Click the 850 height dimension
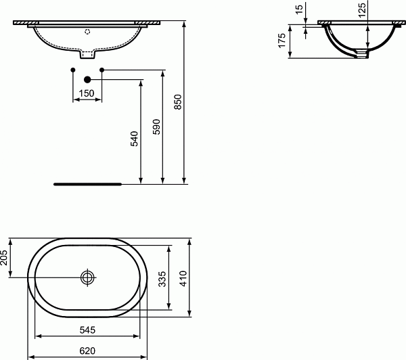click(178, 102)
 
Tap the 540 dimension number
click(134, 139)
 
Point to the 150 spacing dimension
click(87, 93)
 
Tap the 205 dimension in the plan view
click(6, 258)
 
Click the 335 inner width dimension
click(162, 279)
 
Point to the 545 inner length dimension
click(87, 330)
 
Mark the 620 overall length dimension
click(87, 351)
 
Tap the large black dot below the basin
click(87, 81)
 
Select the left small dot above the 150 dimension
click(72, 70)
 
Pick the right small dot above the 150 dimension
click(101, 70)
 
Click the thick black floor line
click(87, 183)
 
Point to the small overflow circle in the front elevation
click(87, 31)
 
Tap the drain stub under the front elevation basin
click(87, 55)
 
